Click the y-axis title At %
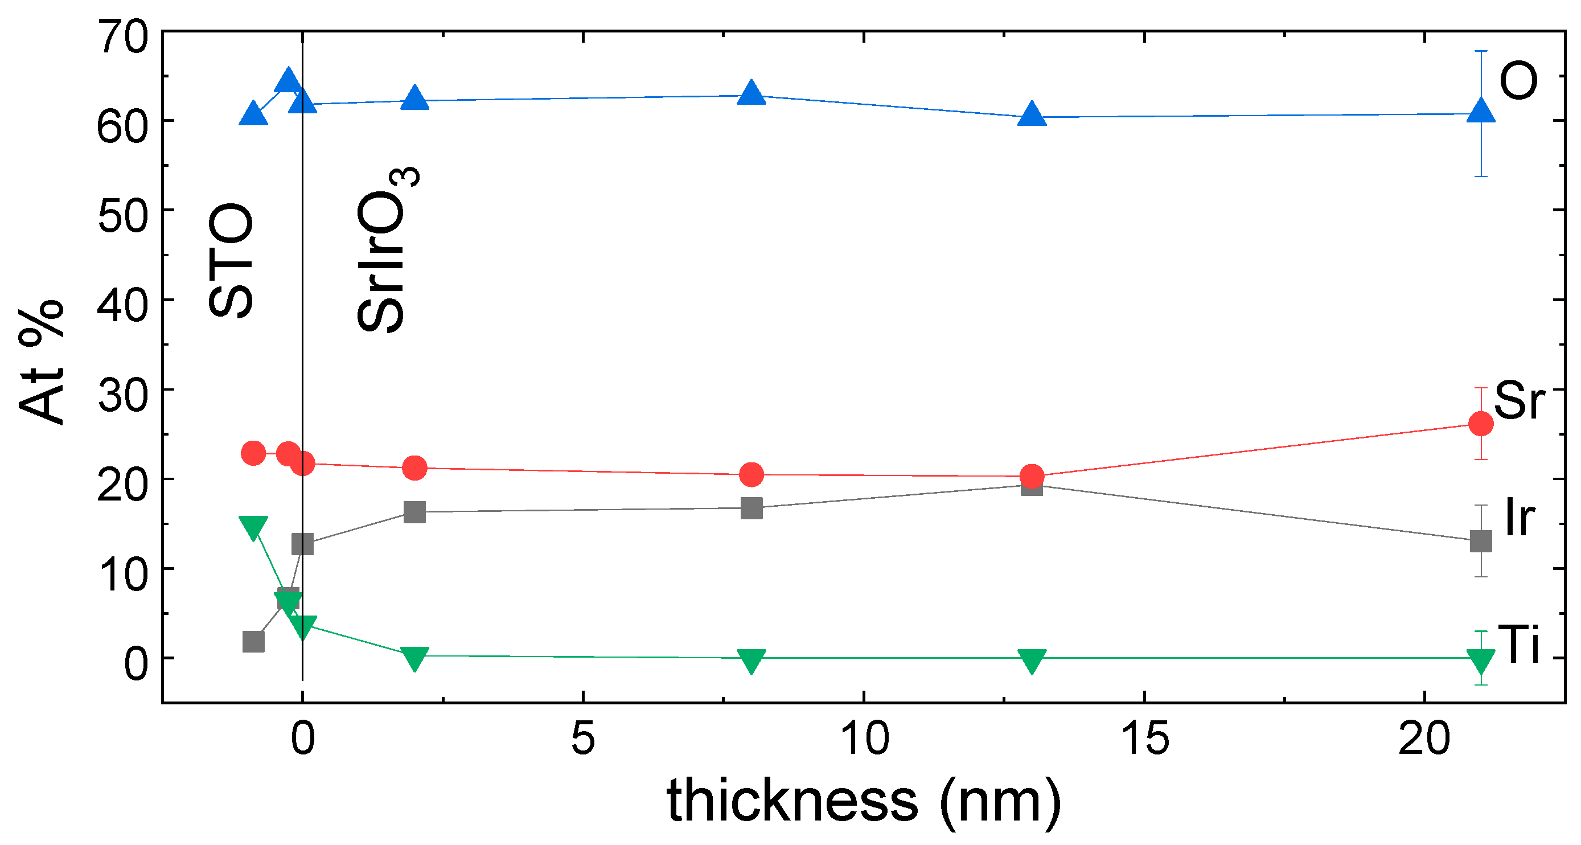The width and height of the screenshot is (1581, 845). (42, 362)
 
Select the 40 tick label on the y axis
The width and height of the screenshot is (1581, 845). (123, 305)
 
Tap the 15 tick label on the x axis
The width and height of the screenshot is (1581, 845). (1145, 738)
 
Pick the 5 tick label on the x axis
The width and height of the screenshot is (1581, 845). (582, 738)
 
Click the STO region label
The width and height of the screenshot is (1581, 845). (231, 260)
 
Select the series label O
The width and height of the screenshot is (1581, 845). (1518, 81)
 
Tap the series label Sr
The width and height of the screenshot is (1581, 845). (1519, 400)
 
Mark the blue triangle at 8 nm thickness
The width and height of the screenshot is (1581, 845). (752, 94)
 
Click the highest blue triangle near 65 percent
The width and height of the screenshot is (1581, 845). (288, 80)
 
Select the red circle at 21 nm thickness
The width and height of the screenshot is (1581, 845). (1481, 424)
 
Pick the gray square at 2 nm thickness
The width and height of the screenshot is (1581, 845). (415, 512)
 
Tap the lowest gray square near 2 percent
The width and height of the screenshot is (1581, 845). (253, 642)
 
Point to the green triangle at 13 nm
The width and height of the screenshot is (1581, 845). (1032, 661)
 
